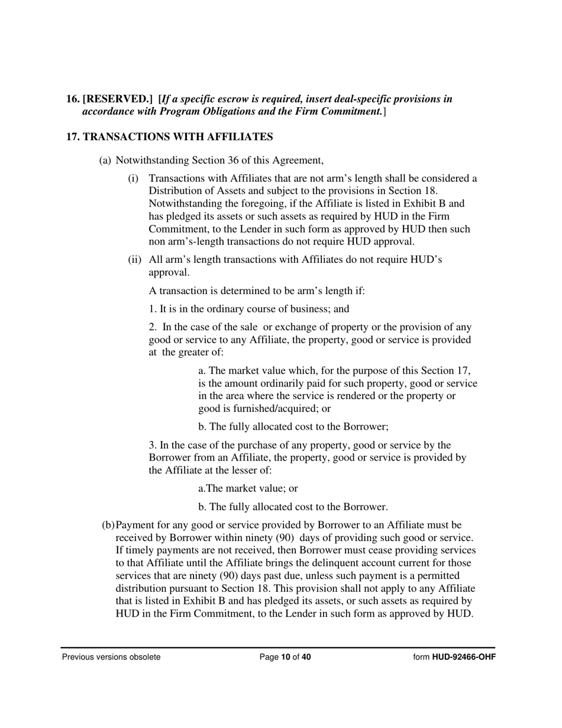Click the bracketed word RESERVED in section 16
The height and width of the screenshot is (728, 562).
pos(117,99)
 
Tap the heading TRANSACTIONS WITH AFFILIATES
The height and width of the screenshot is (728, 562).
pos(177,137)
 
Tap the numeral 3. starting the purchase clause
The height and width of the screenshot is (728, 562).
pos(153,445)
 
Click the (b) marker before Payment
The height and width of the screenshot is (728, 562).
pos(108,526)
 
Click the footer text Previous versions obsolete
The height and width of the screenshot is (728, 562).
pos(111,657)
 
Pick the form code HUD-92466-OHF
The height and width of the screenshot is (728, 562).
pos(464,657)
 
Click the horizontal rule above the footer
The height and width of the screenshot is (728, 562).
pos(278,648)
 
